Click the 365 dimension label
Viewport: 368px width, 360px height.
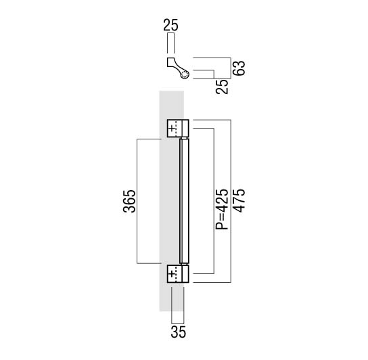[129, 201]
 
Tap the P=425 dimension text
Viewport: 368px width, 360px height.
[222, 209]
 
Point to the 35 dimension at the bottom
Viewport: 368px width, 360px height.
[179, 332]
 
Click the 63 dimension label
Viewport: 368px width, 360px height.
[239, 68]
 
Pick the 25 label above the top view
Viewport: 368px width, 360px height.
[171, 25]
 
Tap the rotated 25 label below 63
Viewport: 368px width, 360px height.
[222, 87]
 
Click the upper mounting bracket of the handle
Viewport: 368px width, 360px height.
[178, 128]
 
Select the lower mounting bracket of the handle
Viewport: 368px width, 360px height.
[178, 273]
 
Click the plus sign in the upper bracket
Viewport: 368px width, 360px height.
[172, 129]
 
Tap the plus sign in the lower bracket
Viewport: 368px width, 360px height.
[172, 274]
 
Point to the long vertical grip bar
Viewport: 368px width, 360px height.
[184, 201]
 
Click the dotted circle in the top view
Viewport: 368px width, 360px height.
[185, 75]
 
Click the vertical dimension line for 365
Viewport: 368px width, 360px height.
[137, 201]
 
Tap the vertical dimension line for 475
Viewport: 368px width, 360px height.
[231, 201]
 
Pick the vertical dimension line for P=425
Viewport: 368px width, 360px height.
[214, 201]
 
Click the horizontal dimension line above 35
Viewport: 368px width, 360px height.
[178, 323]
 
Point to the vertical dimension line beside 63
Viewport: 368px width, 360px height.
[231, 68]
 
